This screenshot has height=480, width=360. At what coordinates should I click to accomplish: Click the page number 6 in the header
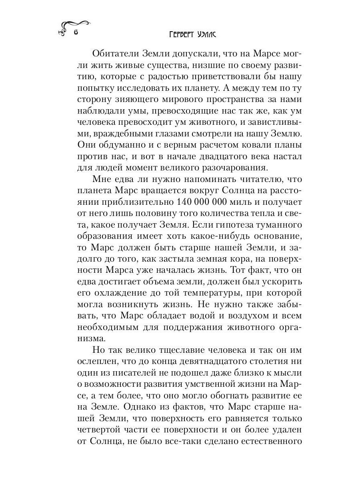(x=75, y=34)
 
